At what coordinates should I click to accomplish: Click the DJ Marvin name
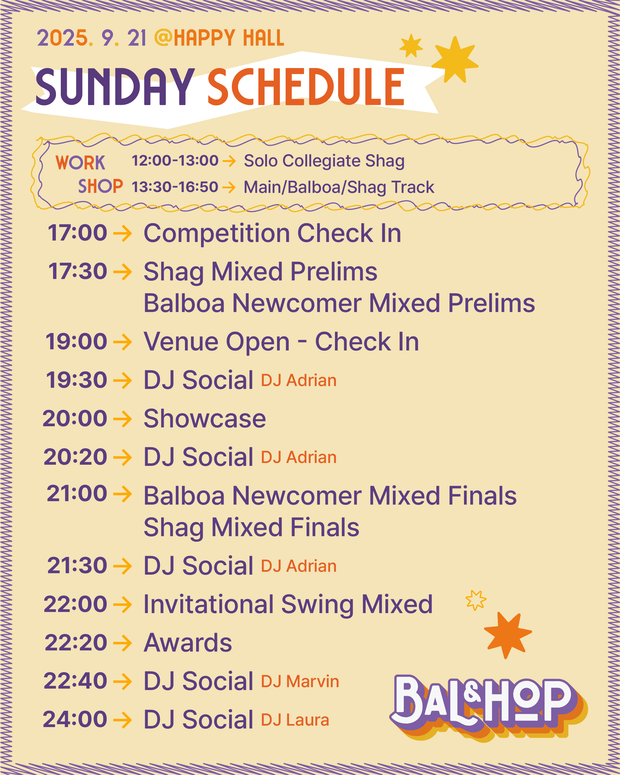[300, 681]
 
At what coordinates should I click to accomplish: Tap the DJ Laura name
[295, 720]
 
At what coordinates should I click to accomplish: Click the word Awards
[188, 643]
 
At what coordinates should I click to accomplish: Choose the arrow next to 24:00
[122, 720]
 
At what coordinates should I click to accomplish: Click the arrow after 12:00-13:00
[229, 161]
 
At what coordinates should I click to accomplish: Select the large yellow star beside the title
[455, 60]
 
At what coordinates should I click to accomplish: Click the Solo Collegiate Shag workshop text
[324, 161]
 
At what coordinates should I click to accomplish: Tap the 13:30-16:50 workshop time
[175, 187]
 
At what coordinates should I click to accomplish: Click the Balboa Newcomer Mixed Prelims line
[339, 303]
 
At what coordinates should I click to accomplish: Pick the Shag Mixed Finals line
[251, 527]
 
